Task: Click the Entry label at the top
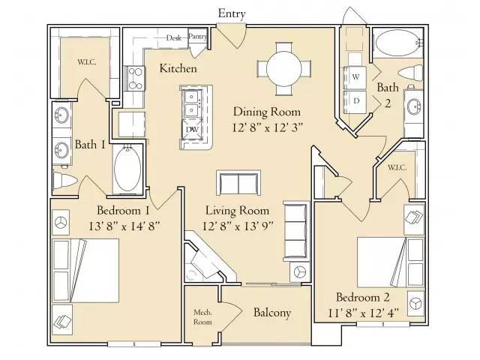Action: click(232, 13)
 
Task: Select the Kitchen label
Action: click(178, 69)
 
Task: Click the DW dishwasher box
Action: click(192, 130)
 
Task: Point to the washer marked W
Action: click(355, 76)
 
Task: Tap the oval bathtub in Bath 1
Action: click(127, 169)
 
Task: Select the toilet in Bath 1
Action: click(66, 181)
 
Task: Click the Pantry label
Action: click(198, 36)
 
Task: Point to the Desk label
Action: click(174, 37)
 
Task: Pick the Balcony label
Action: click(271, 313)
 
